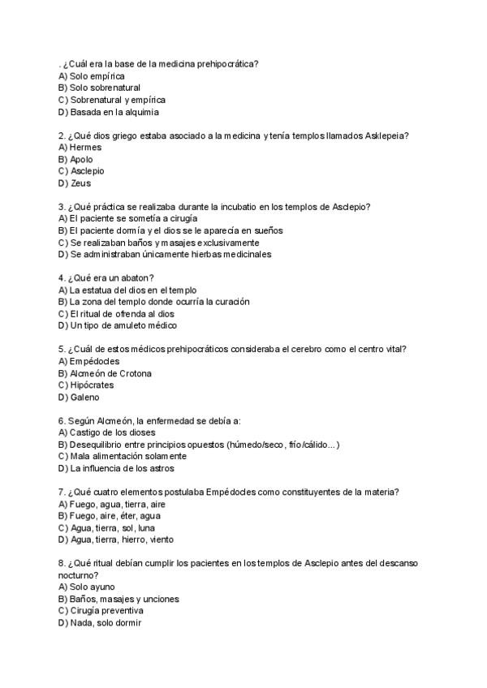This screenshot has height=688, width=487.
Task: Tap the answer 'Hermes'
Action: (x=86, y=148)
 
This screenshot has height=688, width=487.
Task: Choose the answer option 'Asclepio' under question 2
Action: (x=87, y=171)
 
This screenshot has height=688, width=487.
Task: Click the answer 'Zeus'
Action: (x=80, y=183)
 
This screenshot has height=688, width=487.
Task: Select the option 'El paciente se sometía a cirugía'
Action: (x=133, y=218)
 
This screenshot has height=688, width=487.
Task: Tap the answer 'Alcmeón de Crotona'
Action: (x=110, y=373)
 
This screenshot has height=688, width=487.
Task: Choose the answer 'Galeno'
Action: (x=84, y=398)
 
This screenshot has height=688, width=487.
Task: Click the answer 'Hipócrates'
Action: (x=92, y=385)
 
